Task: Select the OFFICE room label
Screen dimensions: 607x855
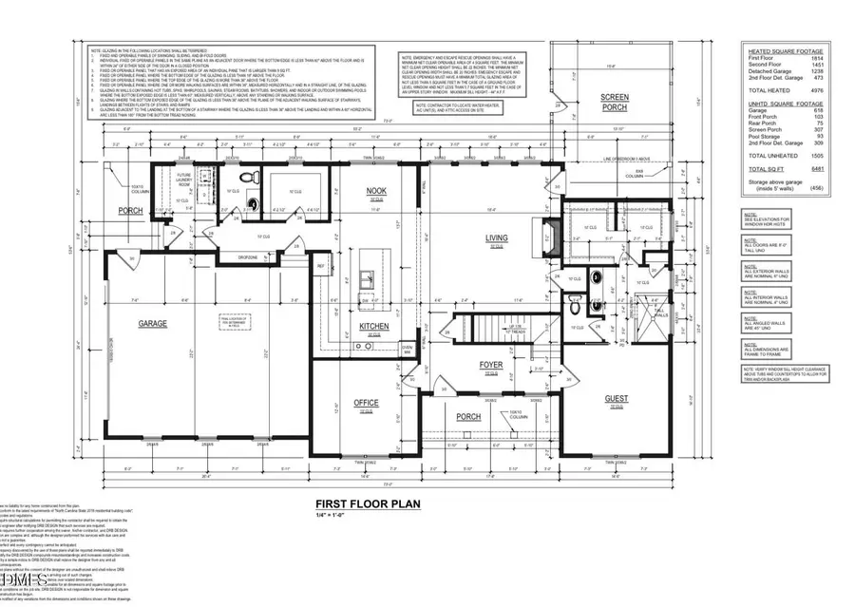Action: pos(367,403)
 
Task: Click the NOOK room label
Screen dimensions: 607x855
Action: pos(377,191)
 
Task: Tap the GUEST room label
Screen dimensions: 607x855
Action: pos(616,400)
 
